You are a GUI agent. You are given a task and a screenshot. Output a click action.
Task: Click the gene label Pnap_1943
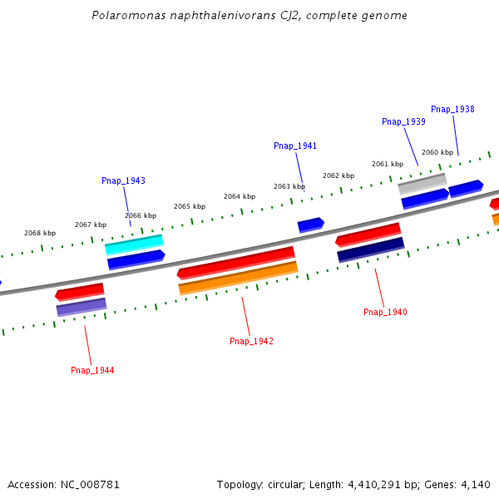click(x=123, y=180)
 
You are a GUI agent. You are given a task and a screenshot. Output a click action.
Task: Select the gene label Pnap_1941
click(x=295, y=146)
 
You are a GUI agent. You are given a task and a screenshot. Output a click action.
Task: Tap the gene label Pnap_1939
click(x=403, y=121)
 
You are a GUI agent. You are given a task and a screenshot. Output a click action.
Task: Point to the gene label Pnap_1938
click(x=452, y=109)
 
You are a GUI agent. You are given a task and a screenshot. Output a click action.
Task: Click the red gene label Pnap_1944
click(x=92, y=370)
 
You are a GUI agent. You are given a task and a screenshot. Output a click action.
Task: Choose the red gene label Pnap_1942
click(x=251, y=341)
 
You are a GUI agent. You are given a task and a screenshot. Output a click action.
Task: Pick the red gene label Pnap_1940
click(x=385, y=312)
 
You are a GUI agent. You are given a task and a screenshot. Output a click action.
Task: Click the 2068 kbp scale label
click(x=40, y=233)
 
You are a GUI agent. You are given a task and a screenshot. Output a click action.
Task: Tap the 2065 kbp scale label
click(x=190, y=206)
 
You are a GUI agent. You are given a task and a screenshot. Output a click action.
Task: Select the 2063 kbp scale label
click(x=289, y=186)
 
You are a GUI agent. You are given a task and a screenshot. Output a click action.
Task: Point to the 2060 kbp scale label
click(x=437, y=152)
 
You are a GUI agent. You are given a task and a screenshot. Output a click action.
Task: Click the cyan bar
click(x=134, y=245)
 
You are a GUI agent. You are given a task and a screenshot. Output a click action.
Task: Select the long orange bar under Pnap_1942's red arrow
click(x=238, y=278)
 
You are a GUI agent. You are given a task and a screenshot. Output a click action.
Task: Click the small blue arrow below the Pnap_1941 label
click(x=310, y=225)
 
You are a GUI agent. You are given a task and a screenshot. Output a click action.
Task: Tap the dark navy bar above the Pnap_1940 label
click(x=370, y=249)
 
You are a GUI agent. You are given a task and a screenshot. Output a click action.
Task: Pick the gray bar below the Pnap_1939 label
click(x=422, y=184)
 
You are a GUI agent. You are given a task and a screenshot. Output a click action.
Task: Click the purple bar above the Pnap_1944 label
click(x=82, y=307)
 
